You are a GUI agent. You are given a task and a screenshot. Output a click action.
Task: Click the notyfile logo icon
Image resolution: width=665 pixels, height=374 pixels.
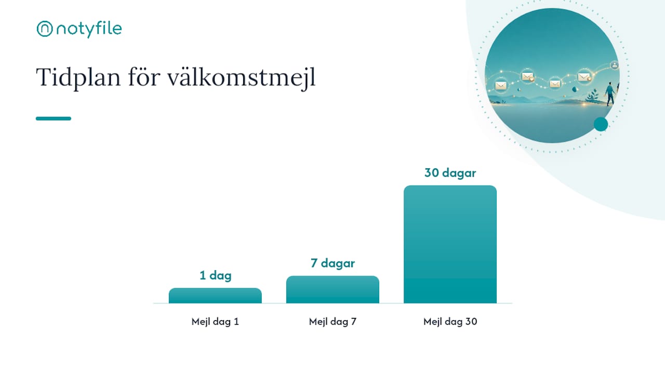point(45,29)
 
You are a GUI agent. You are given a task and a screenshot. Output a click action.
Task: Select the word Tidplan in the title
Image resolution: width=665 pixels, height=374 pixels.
point(78,78)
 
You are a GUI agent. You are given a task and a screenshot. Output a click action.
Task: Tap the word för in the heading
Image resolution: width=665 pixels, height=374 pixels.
point(144,77)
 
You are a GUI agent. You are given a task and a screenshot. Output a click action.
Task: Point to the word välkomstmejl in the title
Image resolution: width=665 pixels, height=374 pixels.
point(242,77)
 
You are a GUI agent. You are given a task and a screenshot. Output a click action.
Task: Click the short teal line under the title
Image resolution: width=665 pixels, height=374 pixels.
point(54,118)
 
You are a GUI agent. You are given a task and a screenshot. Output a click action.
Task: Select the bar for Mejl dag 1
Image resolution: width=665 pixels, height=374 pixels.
point(215,296)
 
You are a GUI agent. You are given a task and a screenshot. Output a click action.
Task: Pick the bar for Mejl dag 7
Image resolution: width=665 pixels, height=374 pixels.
point(332,290)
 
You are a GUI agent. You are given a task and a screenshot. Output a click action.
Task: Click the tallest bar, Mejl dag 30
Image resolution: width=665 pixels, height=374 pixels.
point(450,244)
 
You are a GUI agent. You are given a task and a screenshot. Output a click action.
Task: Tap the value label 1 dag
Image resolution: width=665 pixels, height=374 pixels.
point(216,275)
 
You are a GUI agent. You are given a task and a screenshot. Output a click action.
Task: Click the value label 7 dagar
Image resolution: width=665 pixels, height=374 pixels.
point(333,263)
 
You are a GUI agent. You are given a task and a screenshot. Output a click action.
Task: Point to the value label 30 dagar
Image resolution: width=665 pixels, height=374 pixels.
point(450,173)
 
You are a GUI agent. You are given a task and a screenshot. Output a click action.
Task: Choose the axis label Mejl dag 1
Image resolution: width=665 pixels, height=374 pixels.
point(215,322)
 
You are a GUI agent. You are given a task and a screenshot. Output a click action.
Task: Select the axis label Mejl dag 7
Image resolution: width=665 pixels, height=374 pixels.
point(333,322)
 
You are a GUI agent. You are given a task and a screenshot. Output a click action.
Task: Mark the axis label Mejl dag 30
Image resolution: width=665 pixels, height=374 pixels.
point(450,322)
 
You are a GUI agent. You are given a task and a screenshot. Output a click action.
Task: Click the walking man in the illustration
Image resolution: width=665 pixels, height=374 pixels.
point(610,94)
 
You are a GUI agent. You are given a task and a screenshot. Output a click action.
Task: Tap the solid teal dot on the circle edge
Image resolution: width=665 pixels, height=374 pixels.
point(601,124)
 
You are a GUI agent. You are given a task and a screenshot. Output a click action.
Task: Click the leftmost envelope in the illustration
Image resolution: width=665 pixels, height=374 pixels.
point(501,86)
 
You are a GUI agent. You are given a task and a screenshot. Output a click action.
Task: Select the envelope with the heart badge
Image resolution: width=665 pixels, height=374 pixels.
point(528,77)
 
